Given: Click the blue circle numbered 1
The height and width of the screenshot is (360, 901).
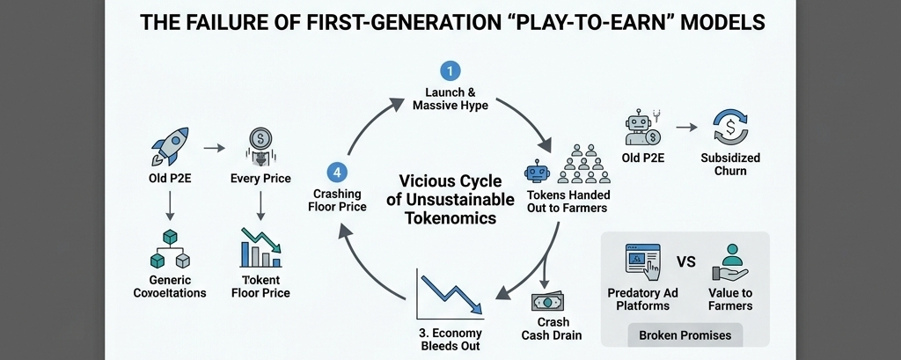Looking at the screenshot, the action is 450,70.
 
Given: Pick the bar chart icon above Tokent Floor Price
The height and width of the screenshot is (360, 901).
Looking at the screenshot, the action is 261,248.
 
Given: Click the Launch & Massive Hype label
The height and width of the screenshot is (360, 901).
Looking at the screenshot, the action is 450,99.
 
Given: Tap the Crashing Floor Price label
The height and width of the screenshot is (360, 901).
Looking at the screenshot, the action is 340,201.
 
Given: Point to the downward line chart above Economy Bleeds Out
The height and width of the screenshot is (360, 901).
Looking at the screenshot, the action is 450,295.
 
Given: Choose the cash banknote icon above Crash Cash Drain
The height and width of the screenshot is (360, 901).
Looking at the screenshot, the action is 549,302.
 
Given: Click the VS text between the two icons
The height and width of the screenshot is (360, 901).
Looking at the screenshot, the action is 685,261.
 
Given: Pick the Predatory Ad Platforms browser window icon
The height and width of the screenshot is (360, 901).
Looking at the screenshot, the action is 642,261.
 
